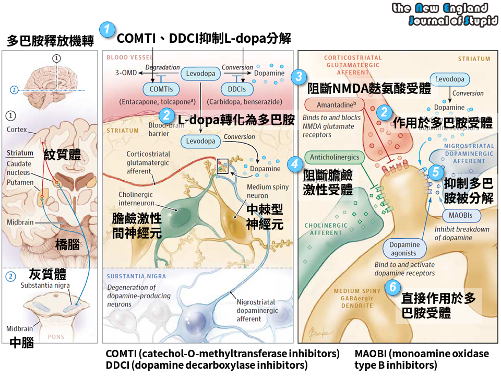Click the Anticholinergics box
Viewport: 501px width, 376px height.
click(x=335, y=157)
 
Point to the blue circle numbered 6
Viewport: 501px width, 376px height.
click(x=393, y=287)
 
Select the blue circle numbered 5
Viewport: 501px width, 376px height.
click(x=435, y=172)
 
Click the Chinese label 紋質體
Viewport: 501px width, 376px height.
click(x=62, y=155)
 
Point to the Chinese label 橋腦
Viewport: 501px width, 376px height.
click(x=68, y=244)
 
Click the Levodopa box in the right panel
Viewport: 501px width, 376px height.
click(x=450, y=80)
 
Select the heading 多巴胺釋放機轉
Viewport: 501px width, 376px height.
click(x=49, y=41)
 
